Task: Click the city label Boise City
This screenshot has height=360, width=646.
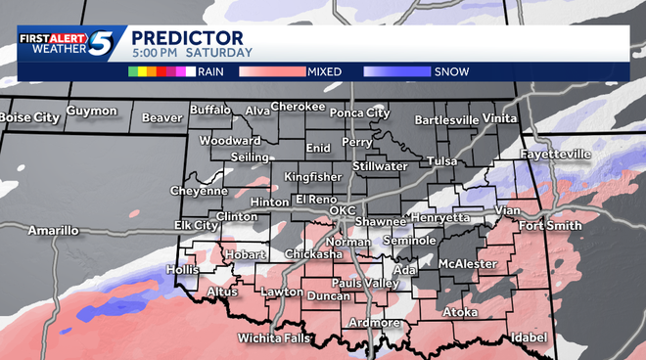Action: pos(29,117)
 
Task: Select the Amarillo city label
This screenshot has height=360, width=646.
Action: pos(52,231)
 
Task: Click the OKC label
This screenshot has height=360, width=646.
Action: pos(342,210)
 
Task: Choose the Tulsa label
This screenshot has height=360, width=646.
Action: pos(442,160)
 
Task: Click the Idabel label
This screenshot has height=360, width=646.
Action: pos(528,338)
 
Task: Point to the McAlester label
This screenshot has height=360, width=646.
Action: pos(463,264)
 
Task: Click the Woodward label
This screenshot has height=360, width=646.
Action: pos(230,141)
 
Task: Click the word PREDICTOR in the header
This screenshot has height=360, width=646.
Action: pos(175,37)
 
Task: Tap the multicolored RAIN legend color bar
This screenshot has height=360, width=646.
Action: pos(161,71)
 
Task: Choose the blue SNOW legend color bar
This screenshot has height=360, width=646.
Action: pos(396,71)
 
